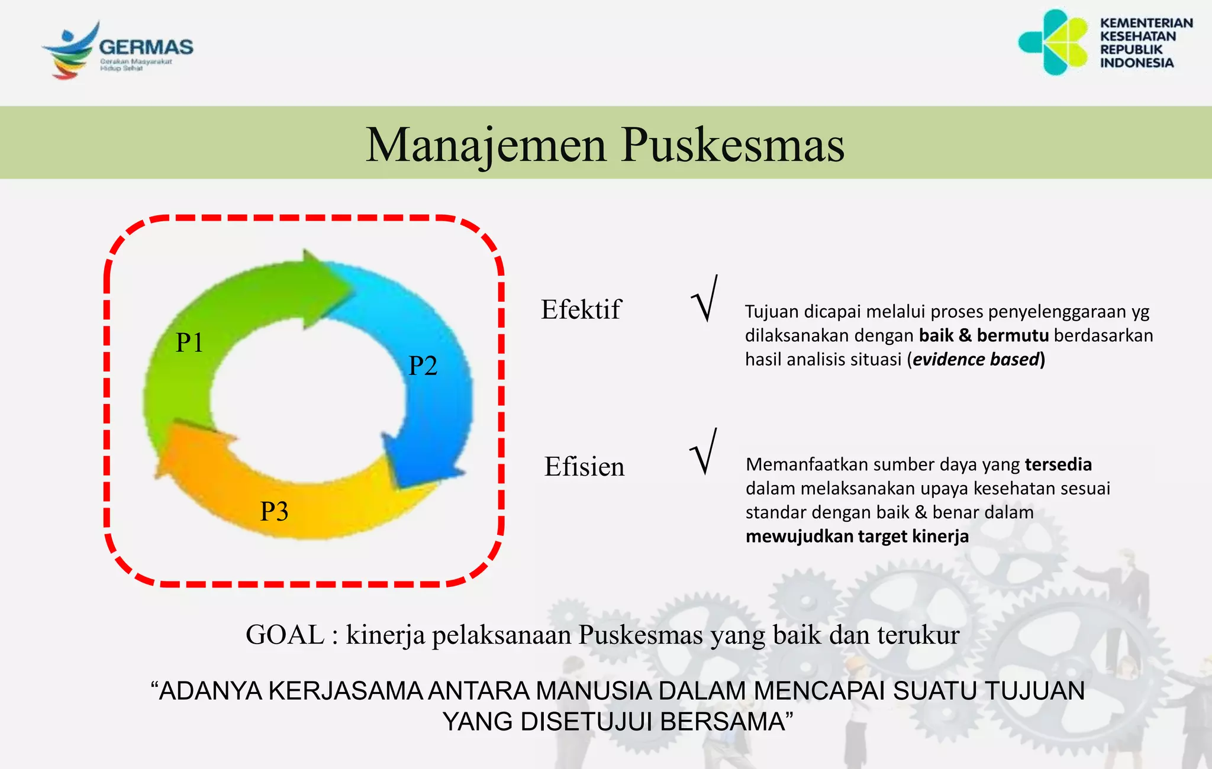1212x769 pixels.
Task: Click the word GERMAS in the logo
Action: [146, 47]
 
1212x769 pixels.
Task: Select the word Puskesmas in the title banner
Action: [733, 145]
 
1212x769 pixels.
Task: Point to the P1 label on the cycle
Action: [189, 343]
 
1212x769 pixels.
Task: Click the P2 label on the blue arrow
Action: [423, 366]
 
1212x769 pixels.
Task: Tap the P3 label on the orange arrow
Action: [274, 512]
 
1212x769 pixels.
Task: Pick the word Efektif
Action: [581, 310]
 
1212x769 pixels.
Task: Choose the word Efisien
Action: [584, 467]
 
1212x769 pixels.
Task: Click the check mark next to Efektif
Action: [705, 299]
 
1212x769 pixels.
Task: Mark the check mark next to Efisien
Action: [704, 453]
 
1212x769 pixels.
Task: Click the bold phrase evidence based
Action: [976, 360]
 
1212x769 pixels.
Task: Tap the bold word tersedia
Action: [1058, 464]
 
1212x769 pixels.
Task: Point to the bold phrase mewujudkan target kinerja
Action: [857, 537]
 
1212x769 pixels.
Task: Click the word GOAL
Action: [285, 635]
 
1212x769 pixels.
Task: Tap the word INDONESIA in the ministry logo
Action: [1136, 63]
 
